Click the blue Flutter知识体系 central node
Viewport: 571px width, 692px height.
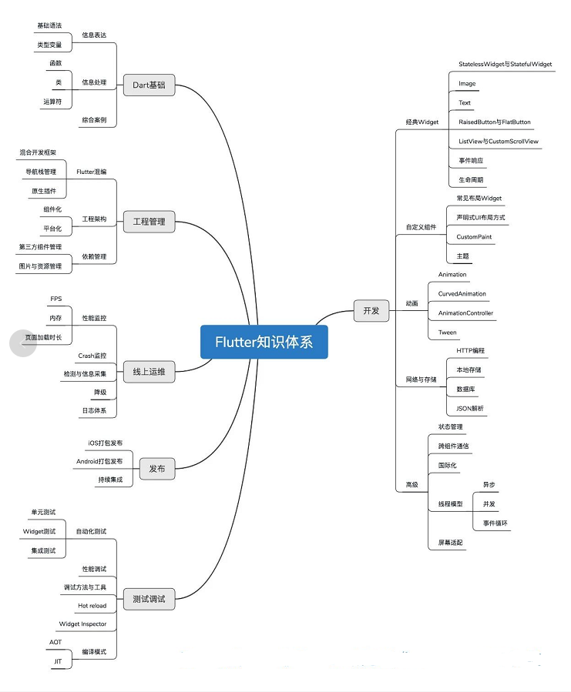(264, 342)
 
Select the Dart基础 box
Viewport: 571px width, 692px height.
(149, 85)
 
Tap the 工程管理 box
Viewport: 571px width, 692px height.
(149, 222)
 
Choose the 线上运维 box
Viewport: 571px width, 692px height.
(149, 372)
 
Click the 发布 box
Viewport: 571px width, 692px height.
(157, 469)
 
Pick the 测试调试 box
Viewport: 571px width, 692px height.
(149, 599)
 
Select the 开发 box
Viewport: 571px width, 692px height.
(371, 311)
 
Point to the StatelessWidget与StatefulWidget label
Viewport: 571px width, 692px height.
(506, 64)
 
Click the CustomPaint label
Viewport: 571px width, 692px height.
(474, 237)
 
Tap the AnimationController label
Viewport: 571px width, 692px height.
(465, 313)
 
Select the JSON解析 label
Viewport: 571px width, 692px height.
(470, 408)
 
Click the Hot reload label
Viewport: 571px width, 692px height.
(92, 606)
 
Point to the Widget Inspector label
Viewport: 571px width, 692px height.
(82, 623)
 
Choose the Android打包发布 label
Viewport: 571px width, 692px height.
(99, 461)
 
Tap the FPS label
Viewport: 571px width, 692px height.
(56, 299)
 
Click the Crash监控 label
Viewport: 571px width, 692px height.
(92, 356)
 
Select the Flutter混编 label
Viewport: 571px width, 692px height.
(91, 172)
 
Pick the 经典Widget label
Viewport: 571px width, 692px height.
(422, 122)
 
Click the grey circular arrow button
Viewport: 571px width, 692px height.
(23, 343)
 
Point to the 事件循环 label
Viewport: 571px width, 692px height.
(495, 523)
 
